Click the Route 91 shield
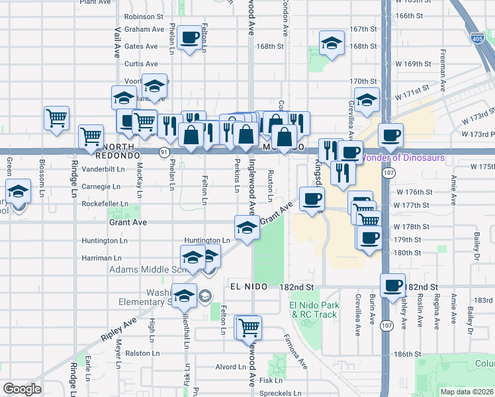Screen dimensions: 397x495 coord(163,152)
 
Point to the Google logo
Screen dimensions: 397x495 coord(22,388)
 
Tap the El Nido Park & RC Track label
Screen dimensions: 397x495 coord(314,310)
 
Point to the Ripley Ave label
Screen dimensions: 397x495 coord(119,328)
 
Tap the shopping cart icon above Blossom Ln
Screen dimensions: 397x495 coord(57,118)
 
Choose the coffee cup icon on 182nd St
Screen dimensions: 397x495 coord(393,285)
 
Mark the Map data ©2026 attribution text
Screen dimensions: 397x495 coord(466,392)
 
